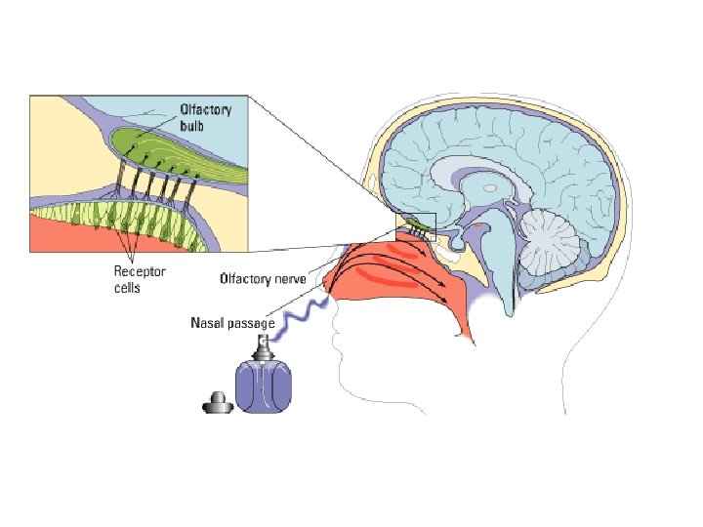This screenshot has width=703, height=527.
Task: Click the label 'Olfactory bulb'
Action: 204,117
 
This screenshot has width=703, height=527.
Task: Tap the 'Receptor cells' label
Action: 140,281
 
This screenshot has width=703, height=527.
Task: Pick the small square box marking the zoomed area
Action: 415,226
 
